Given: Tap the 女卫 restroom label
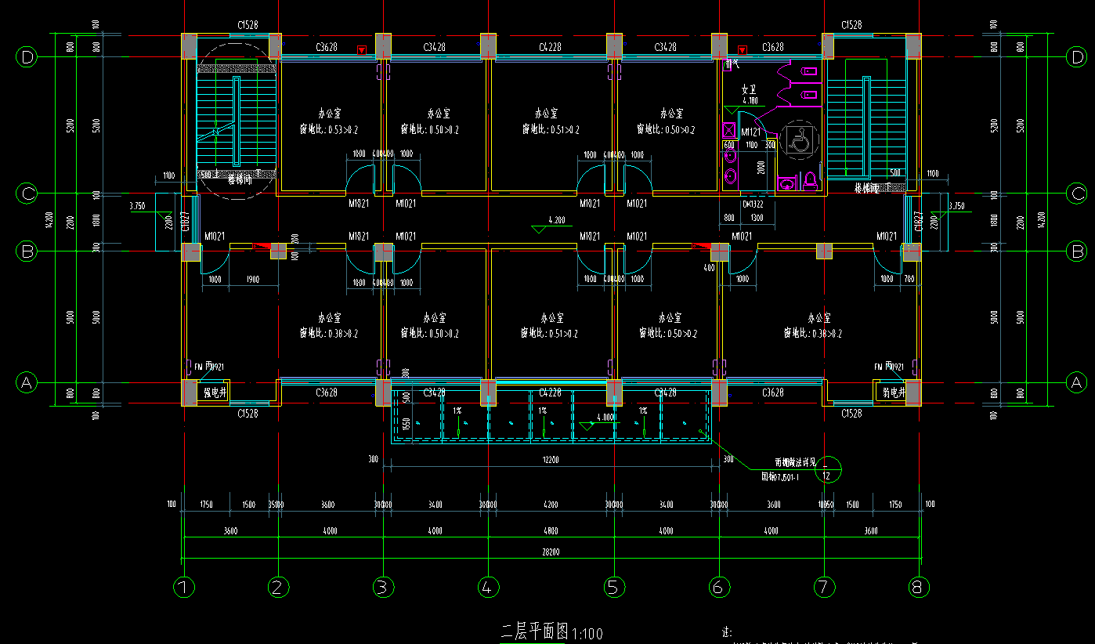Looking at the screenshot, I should (750, 89).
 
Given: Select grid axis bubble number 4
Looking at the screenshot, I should (486, 586).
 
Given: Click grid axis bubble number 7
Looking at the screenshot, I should (824, 586).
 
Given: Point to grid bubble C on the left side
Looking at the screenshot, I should (27, 194).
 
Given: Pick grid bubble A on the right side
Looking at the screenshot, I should (1076, 382).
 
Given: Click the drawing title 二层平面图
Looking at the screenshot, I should (534, 631).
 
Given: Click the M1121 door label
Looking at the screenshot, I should (751, 132).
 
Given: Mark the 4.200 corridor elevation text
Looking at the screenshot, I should (557, 220).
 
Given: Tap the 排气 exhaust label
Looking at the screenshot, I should (734, 63).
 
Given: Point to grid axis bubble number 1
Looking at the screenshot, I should (183, 586).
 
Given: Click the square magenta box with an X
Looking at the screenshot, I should (728, 130).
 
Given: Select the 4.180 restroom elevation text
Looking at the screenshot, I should (750, 101).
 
